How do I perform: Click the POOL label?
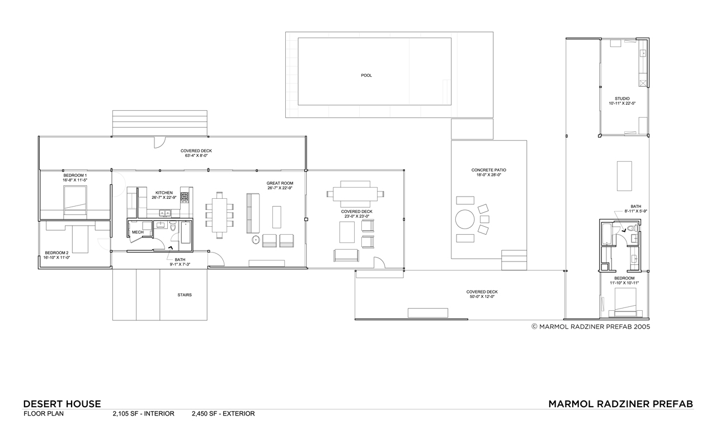366,76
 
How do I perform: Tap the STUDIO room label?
622,99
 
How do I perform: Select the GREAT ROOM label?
280,183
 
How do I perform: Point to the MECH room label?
138,232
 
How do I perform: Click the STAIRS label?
185,295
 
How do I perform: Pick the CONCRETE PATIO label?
489,170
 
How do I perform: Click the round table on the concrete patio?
465,219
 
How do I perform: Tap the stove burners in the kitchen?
185,197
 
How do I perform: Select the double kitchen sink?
165,213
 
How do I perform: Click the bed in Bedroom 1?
75,202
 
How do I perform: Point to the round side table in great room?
256,240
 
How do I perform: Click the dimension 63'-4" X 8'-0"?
196,156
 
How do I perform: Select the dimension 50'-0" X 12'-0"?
482,297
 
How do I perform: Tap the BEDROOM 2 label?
56,253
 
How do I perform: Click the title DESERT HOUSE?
62,404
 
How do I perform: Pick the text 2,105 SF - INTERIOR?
144,413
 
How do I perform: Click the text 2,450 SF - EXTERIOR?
223,413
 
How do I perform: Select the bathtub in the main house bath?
185,232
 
